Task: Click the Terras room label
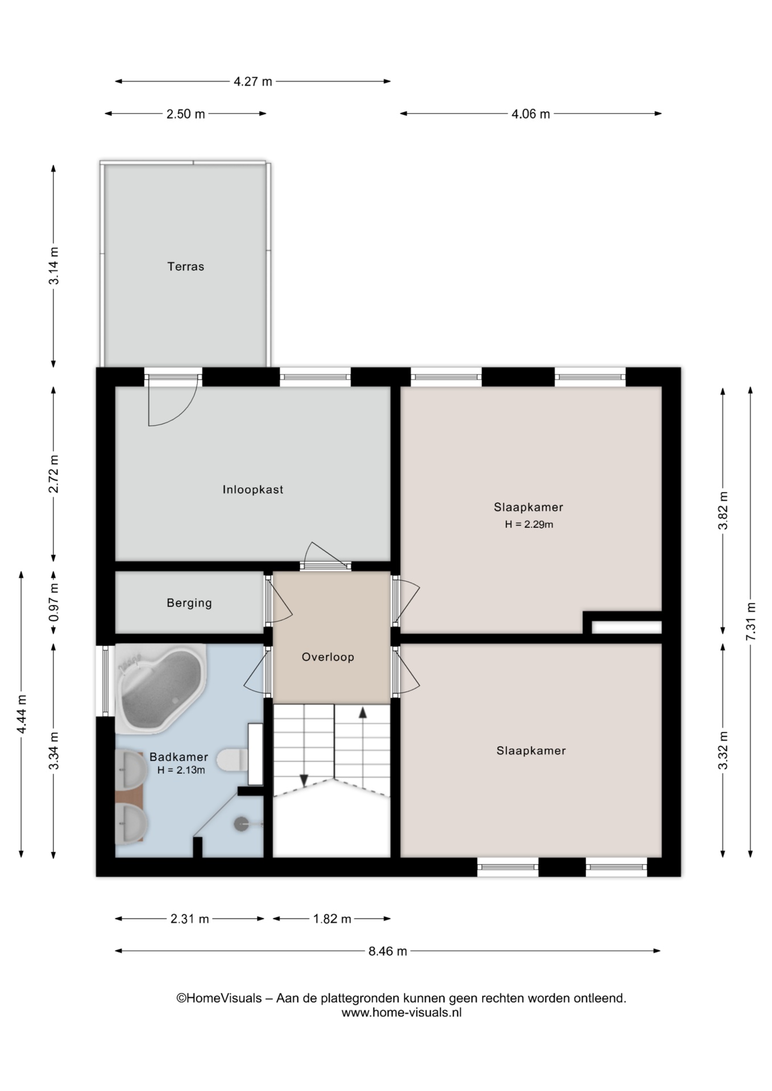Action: point(185,266)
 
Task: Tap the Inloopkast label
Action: point(253,490)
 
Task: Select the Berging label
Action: point(189,603)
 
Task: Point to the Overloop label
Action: point(328,657)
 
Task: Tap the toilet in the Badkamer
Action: point(233,760)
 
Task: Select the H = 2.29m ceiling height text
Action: point(529,524)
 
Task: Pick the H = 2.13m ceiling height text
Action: point(181,771)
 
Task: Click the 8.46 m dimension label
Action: point(388,951)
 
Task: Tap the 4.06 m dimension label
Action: point(530,114)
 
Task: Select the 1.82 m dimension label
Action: point(332,919)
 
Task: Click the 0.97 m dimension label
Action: point(53,603)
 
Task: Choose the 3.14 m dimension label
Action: point(53,266)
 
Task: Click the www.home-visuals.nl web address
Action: point(401,1013)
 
